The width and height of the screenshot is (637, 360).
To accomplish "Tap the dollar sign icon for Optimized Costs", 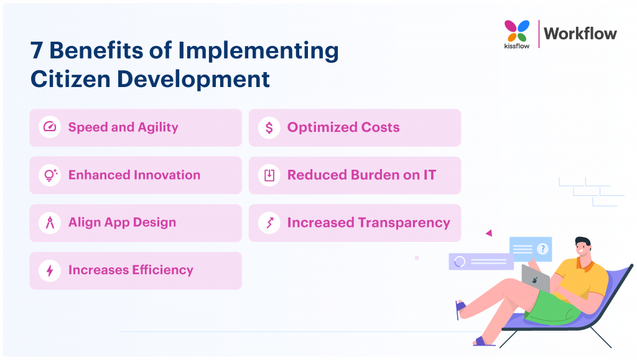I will pos(269,127).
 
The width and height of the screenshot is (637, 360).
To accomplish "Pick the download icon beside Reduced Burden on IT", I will pos(269,175).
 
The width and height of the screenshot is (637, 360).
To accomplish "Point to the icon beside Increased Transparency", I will pos(269,223).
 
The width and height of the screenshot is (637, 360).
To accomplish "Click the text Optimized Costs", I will pos(343,127).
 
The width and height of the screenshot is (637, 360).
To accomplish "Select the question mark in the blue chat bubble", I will pos(542,249).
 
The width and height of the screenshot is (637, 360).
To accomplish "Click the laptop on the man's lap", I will pos(534,278).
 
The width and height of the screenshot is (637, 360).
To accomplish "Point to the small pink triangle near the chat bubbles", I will pos(489,233).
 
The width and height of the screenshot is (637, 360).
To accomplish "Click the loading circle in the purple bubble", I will pos(460,262).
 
